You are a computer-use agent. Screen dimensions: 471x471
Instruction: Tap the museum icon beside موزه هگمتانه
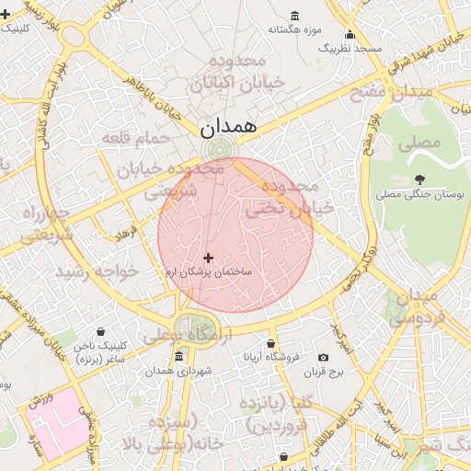[294, 17]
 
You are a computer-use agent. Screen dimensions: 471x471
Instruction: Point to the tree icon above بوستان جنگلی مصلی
[420, 179]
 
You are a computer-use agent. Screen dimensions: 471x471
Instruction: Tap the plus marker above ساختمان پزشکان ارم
[208, 258]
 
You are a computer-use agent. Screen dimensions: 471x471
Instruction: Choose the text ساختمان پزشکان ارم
[208, 273]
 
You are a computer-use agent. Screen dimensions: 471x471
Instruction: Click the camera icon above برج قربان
[323, 357]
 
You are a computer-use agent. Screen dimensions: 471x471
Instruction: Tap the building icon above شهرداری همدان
[178, 356]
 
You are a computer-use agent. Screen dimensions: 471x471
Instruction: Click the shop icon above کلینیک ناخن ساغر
[100, 331]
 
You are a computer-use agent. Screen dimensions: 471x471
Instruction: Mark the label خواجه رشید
[97, 272]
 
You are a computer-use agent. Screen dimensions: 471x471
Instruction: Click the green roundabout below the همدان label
[219, 149]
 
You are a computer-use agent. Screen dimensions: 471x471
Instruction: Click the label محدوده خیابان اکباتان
[237, 72]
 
